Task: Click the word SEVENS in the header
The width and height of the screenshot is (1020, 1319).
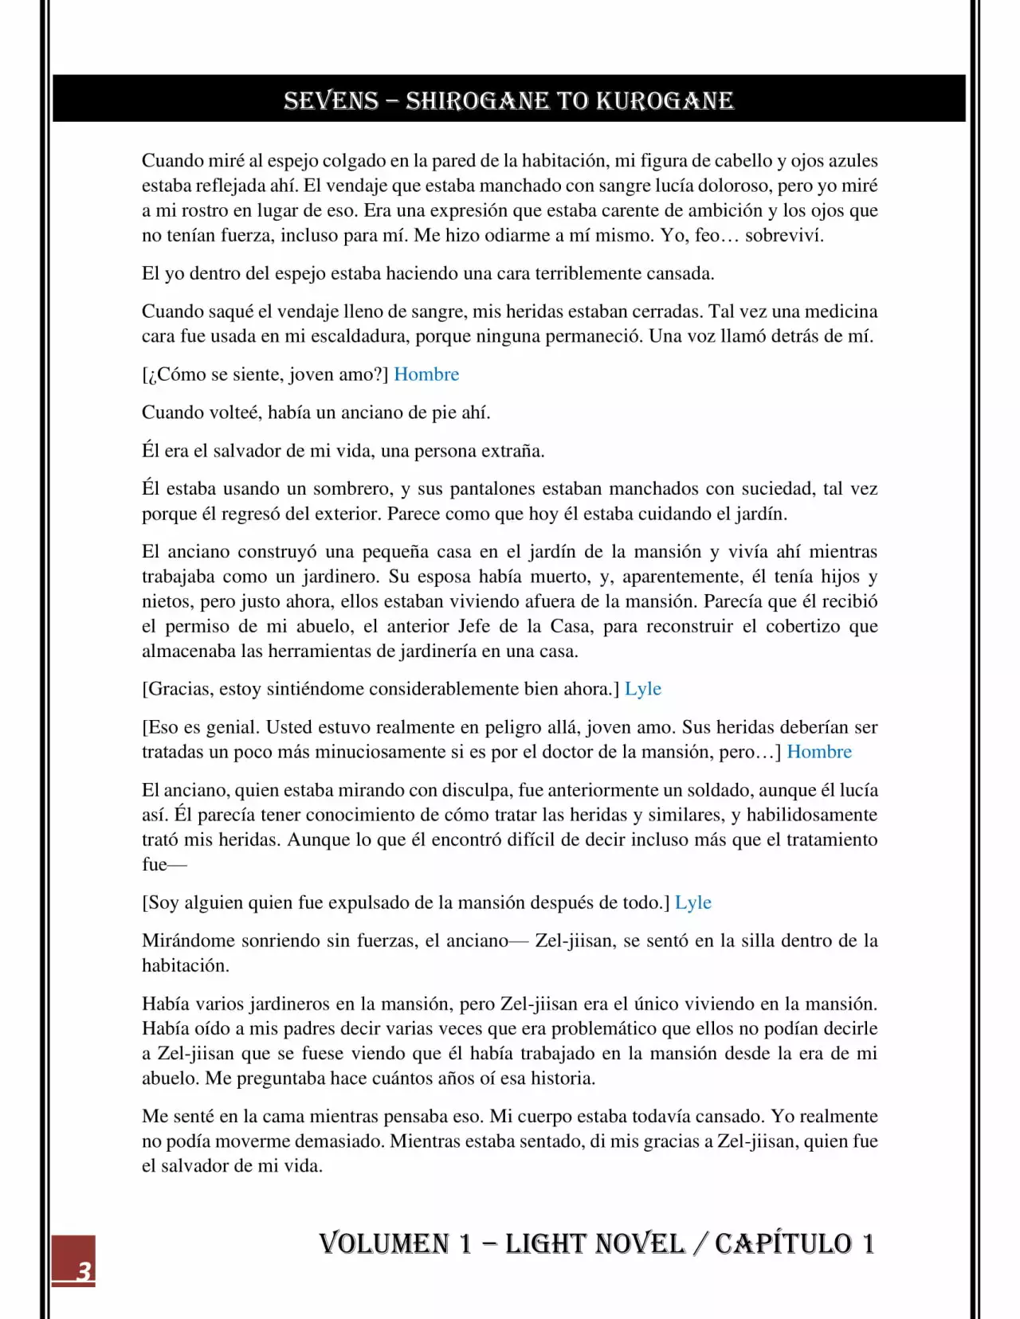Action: [331, 101]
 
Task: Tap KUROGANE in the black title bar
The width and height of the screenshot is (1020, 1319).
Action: [665, 101]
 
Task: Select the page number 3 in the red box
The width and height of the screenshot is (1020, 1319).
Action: [84, 1270]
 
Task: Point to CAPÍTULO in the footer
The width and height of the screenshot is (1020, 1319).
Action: [783, 1243]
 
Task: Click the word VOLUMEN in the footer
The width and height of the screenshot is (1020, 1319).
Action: [384, 1243]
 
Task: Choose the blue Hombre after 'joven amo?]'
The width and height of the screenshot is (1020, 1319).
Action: [426, 374]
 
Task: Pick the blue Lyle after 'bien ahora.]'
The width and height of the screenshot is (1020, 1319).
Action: [643, 689]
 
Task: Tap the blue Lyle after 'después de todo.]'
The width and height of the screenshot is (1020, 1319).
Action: [693, 902]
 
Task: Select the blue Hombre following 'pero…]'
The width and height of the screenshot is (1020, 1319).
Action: [819, 752]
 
